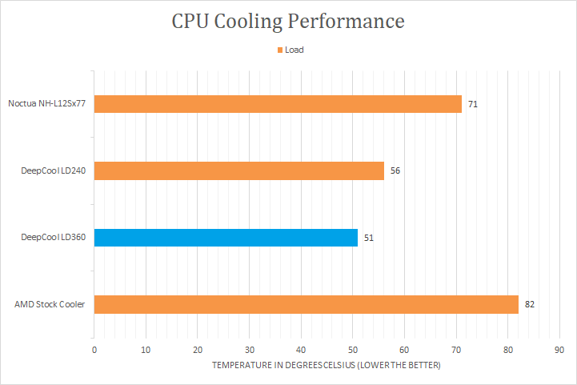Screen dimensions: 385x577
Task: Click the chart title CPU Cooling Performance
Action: (288, 21)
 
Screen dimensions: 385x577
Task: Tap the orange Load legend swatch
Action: (280, 50)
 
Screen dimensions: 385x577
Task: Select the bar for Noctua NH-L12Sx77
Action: (278, 104)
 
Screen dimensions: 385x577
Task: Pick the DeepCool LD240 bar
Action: (239, 170)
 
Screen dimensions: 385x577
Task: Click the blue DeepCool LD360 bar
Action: (226, 238)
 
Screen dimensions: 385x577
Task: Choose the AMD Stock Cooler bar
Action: (307, 304)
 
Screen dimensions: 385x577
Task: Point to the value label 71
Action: (473, 104)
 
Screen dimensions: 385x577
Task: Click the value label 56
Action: (395, 170)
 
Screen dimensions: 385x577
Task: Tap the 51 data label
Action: (369, 238)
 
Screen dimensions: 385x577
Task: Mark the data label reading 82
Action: (530, 304)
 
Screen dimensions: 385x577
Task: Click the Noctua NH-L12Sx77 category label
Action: (46, 104)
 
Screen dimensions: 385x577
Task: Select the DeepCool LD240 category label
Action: (54, 170)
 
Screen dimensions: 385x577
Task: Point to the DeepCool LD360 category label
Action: (54, 238)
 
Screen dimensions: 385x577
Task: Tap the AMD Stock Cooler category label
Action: (50, 304)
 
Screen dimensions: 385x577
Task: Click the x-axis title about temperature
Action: (326, 365)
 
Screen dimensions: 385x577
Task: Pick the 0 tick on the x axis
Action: (94, 350)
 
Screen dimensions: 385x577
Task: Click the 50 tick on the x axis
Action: (353, 350)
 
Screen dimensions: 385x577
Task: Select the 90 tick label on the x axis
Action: (559, 350)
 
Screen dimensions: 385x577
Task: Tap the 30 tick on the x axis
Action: (250, 350)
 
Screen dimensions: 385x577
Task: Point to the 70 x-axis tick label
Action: (456, 350)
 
